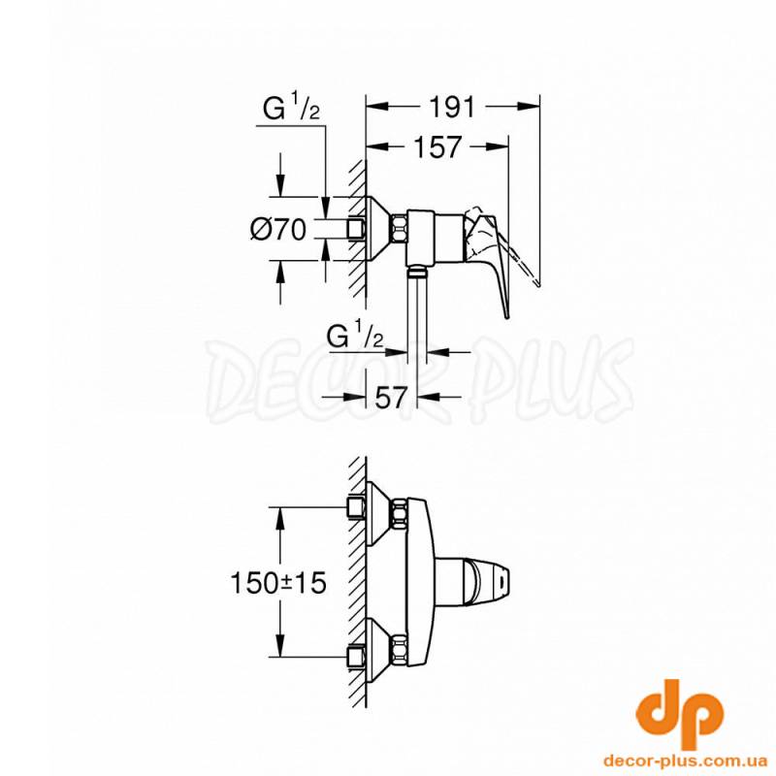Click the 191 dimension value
[451, 107]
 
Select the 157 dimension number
[437, 147]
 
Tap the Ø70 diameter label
[278, 230]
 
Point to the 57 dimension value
[391, 397]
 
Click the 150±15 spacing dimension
[278, 583]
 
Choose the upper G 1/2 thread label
[291, 109]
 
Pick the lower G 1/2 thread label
[355, 337]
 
